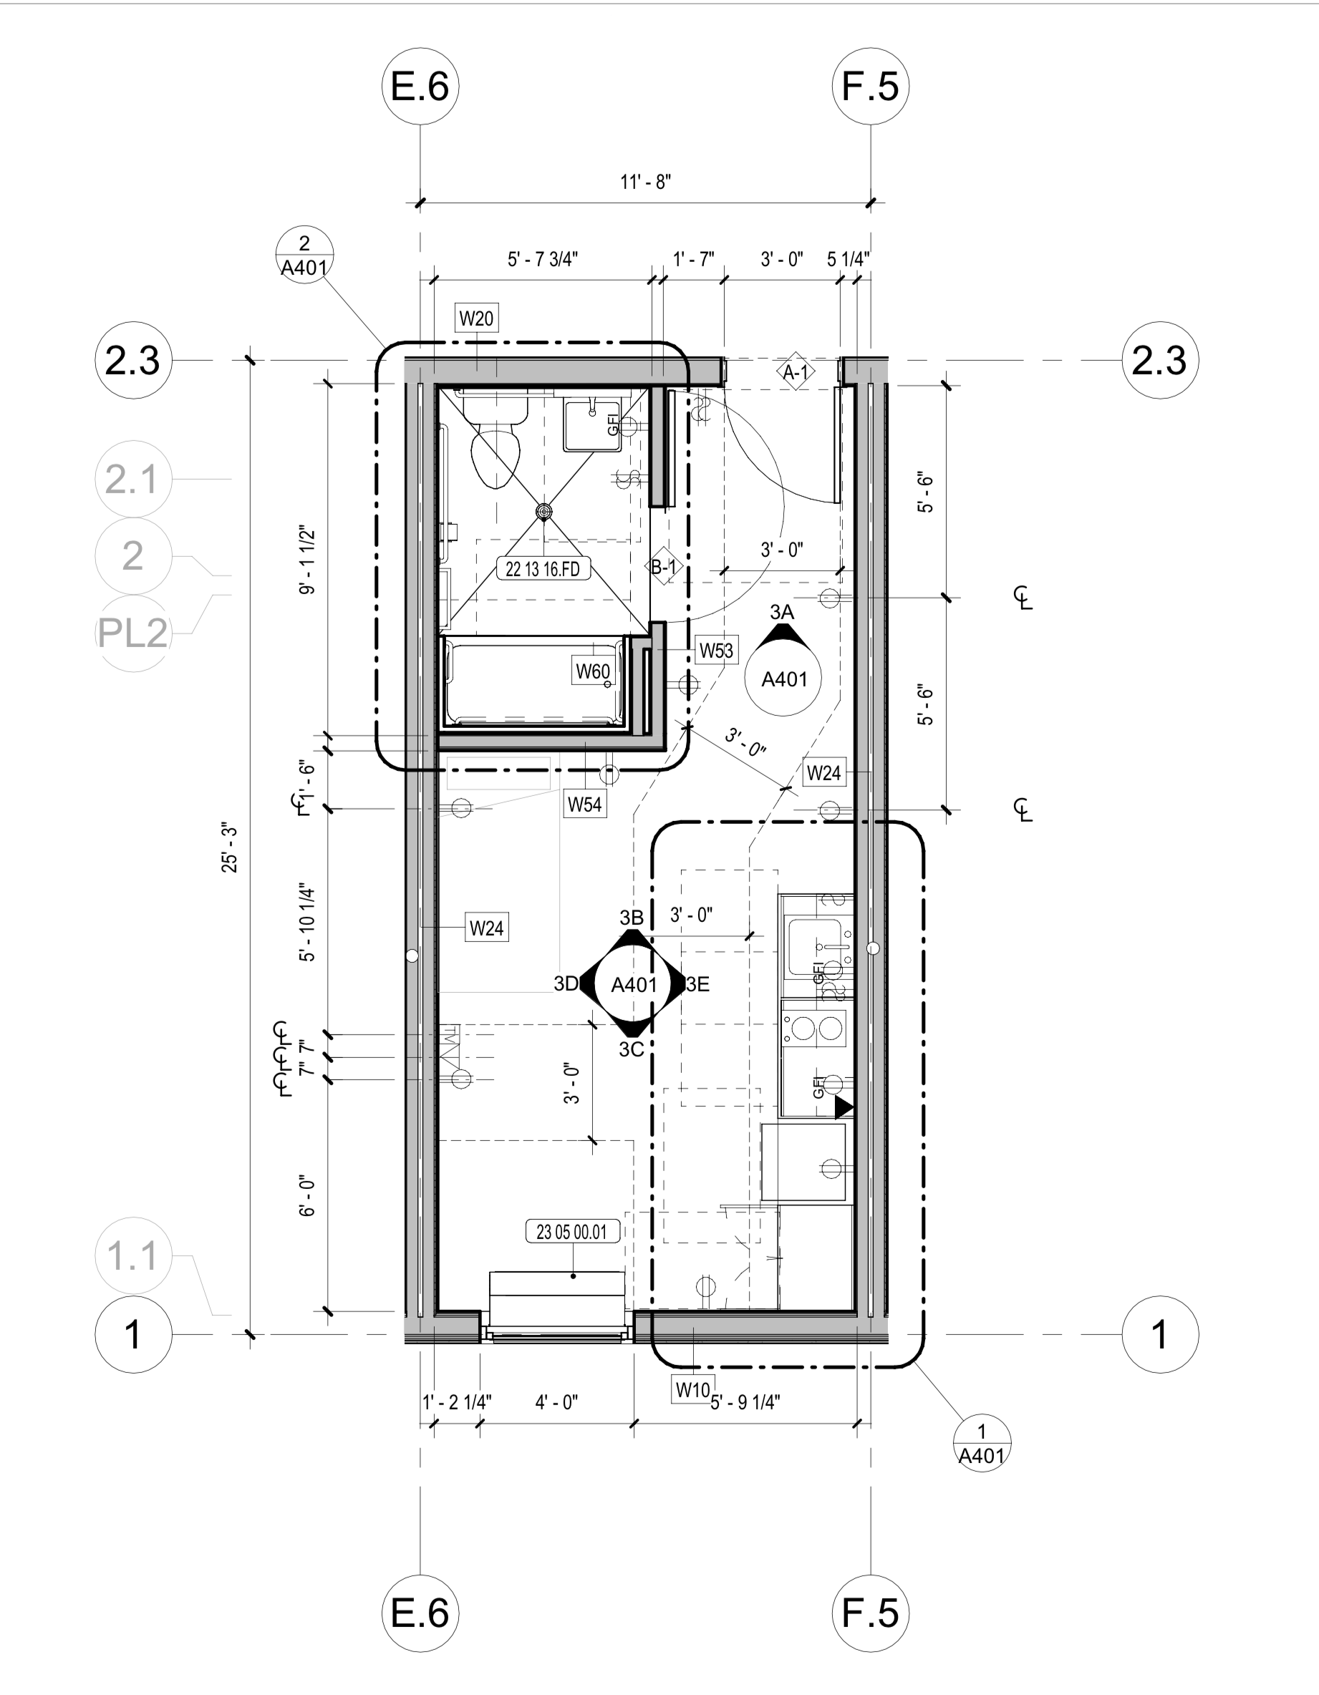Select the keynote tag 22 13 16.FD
(x=543, y=569)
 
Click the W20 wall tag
(x=476, y=319)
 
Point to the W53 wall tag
(x=716, y=651)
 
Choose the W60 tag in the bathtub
(x=592, y=671)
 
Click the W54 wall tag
(x=584, y=804)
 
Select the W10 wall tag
(x=692, y=1389)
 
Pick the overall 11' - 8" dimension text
(x=645, y=182)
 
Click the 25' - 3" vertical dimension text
(x=230, y=848)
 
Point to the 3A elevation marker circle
(x=783, y=679)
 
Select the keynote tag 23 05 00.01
(x=572, y=1232)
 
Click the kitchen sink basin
(x=813, y=947)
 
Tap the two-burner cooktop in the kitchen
(x=815, y=1029)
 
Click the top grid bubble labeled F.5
(x=870, y=85)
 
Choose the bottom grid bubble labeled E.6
(x=420, y=1613)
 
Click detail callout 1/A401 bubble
(x=981, y=1444)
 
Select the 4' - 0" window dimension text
(x=556, y=1402)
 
